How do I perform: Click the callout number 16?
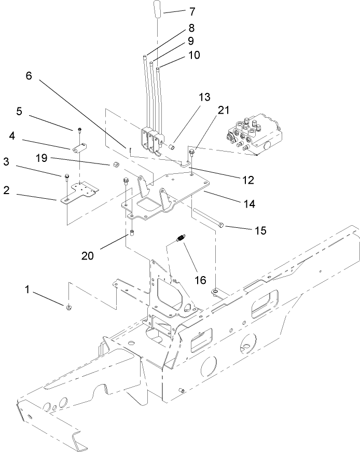tap(200, 280)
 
